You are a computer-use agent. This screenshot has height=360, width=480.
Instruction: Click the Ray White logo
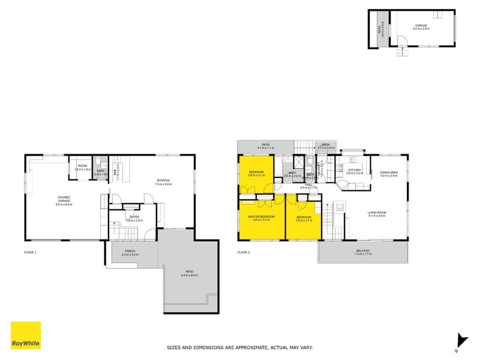[26, 335]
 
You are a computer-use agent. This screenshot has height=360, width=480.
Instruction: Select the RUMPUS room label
[164, 181]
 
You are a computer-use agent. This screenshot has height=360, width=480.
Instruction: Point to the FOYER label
[134, 217]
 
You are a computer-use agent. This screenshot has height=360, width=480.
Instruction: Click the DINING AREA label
[389, 172]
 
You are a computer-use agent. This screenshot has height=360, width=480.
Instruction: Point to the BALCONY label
[364, 250]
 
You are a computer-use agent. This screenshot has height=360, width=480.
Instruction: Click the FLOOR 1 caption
[30, 252]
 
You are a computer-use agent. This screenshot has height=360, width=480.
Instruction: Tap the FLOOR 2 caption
[244, 252]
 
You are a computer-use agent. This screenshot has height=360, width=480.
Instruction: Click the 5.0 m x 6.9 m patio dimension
[190, 276]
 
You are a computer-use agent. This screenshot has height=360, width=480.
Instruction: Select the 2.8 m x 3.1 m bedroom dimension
[257, 176]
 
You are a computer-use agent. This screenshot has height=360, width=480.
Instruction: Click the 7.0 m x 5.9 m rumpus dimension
[164, 184]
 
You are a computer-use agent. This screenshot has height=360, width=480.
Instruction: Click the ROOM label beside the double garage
[82, 166]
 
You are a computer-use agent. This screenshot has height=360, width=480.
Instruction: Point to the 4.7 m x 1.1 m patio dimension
[265, 148]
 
